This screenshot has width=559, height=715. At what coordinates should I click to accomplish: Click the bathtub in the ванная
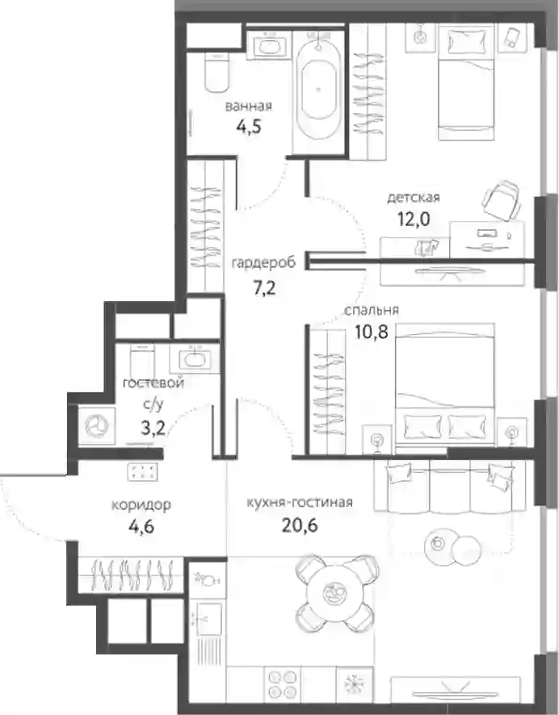[x=318, y=90]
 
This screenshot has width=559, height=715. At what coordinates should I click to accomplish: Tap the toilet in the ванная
[x=216, y=72]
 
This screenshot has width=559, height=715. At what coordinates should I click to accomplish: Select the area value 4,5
[x=249, y=126]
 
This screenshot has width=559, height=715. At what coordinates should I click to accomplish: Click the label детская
[x=414, y=198]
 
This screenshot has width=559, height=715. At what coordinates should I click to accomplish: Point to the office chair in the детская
[x=502, y=201]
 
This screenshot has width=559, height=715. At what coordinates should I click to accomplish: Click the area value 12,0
[x=414, y=220]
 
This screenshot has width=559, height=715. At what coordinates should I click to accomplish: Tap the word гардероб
[x=263, y=263]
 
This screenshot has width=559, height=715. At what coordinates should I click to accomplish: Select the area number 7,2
[x=264, y=288]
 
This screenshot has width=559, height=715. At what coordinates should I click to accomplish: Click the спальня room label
[x=372, y=311]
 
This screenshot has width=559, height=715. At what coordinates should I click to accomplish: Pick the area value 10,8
[x=372, y=332]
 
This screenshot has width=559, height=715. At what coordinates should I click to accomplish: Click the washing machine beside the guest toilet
[x=97, y=426]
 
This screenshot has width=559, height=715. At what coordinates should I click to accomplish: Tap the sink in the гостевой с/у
[x=195, y=358]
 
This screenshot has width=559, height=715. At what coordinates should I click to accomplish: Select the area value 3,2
[x=153, y=428]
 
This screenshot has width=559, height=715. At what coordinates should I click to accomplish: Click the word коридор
[x=141, y=505]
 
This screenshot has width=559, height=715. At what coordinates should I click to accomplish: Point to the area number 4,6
[x=141, y=527]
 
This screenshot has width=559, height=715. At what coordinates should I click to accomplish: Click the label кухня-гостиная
[x=300, y=502]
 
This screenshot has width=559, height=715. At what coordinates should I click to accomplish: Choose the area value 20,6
[x=300, y=525]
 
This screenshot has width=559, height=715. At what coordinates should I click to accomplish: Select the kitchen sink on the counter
[x=209, y=619]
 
